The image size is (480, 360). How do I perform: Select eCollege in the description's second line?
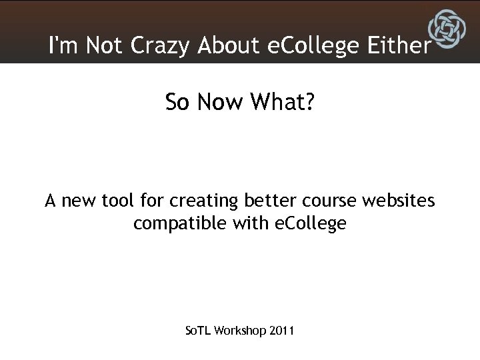(311, 223)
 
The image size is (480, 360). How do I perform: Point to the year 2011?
(283, 331)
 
